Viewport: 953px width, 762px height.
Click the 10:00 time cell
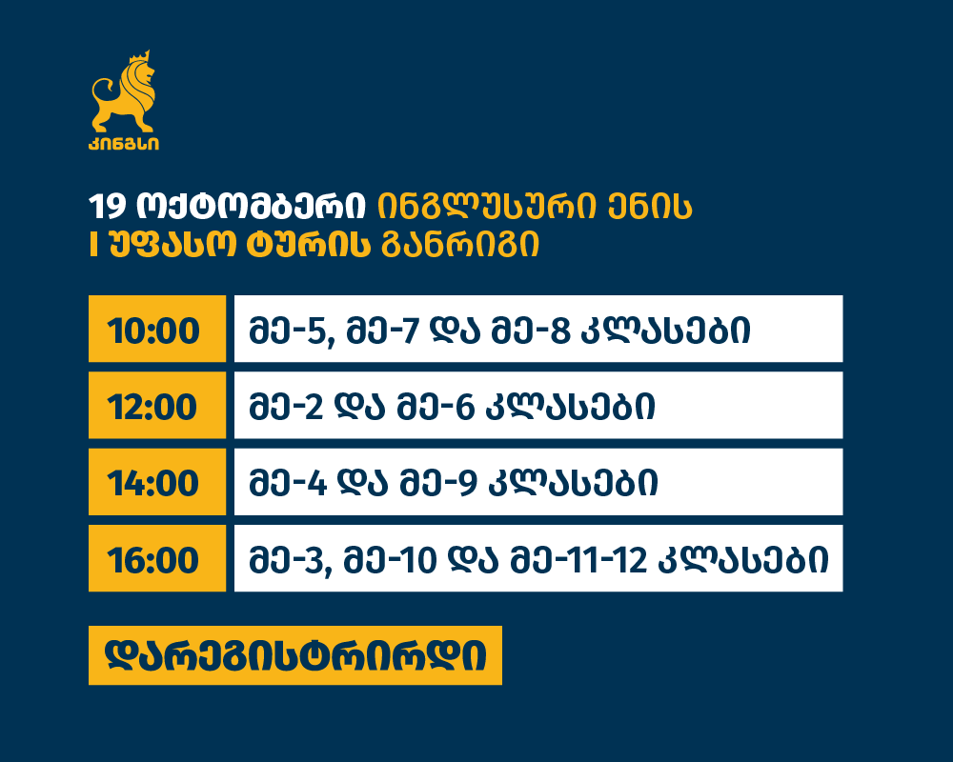(157, 329)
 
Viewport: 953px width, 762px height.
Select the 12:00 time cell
(157, 406)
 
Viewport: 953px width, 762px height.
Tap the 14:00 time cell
(157, 482)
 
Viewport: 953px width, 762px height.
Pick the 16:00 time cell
(157, 558)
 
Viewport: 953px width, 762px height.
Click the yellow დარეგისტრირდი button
(295, 655)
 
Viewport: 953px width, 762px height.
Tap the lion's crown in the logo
(139, 57)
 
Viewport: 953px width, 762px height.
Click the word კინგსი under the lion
(124, 144)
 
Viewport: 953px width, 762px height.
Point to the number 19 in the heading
(107, 207)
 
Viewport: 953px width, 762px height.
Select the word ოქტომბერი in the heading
(251, 207)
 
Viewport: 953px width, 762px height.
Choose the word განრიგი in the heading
(460, 246)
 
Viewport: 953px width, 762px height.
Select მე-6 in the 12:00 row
(436, 407)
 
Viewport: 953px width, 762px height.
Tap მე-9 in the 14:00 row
(438, 484)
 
